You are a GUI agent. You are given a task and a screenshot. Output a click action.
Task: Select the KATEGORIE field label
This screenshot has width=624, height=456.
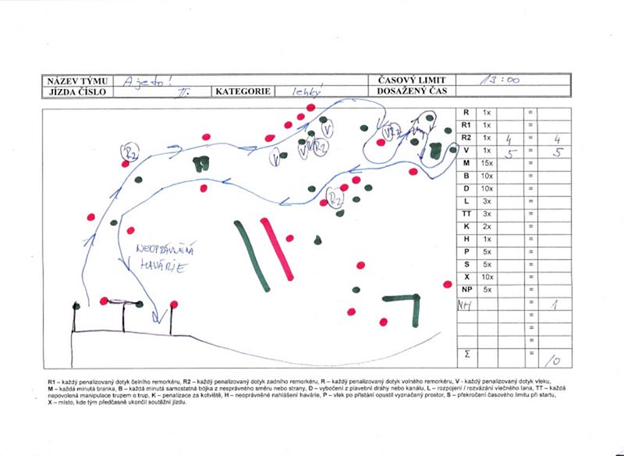click(x=241, y=91)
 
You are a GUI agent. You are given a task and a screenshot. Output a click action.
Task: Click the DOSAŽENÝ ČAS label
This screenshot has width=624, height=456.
click(x=410, y=91)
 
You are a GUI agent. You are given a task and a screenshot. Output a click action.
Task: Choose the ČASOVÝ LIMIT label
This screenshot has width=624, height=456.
click(x=410, y=80)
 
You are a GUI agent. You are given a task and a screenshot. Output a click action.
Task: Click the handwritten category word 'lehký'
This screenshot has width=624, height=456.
click(x=307, y=91)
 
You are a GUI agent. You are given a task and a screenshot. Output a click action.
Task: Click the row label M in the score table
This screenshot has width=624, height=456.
click(x=466, y=162)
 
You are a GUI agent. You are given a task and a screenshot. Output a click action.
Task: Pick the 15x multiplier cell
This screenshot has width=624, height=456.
click(x=487, y=162)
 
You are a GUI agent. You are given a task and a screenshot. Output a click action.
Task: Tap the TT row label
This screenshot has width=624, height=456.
click(x=466, y=213)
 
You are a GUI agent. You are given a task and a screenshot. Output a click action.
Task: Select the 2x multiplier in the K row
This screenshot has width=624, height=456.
click(x=487, y=226)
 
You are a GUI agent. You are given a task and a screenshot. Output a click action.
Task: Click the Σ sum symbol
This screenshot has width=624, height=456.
click(x=466, y=354)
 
